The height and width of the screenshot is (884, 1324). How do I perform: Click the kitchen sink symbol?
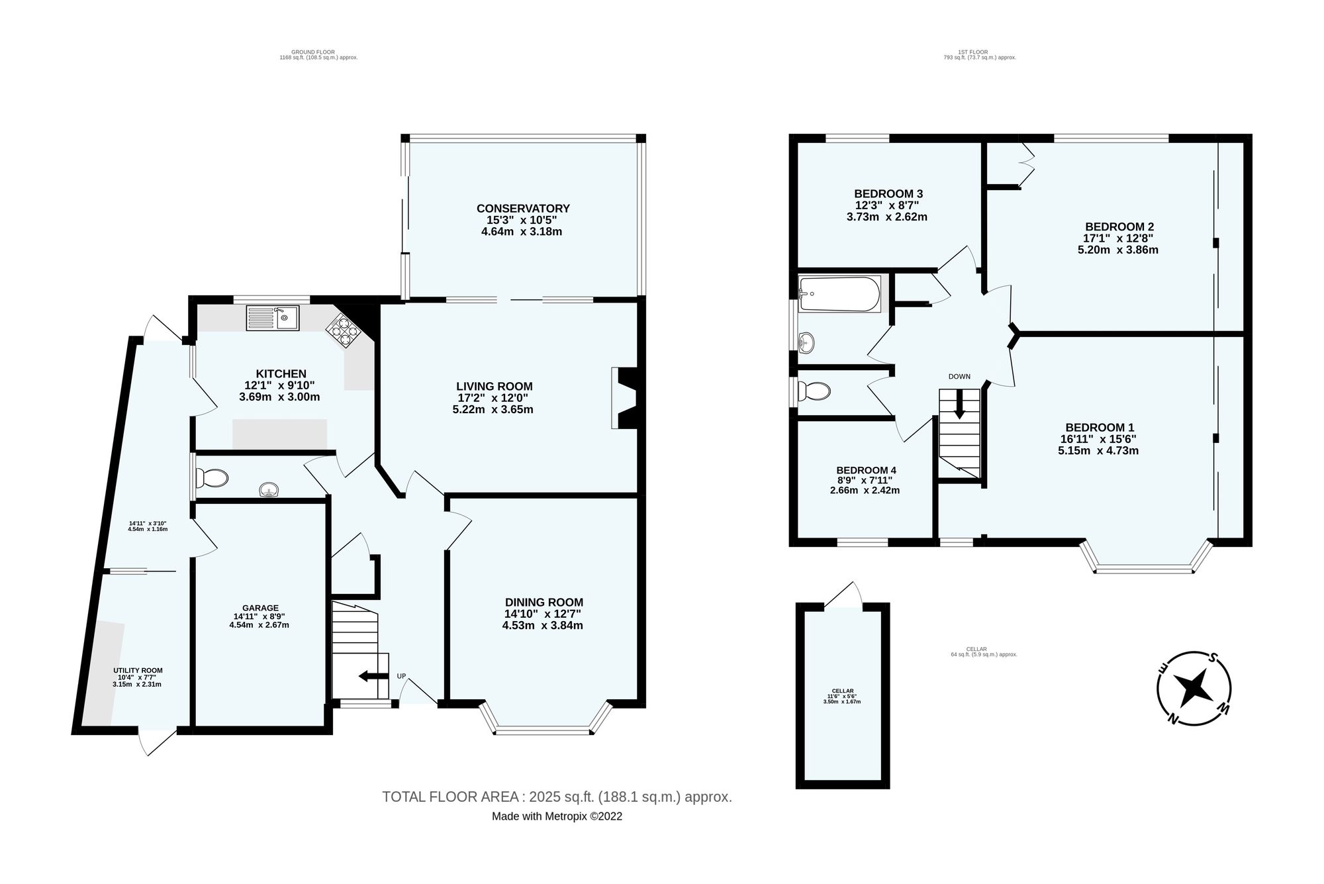pos(273,318)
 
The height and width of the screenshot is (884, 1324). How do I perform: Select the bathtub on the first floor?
pos(839,294)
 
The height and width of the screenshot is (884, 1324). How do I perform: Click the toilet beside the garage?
pos(213,477)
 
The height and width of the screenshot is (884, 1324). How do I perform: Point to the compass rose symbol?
pos(1195,688)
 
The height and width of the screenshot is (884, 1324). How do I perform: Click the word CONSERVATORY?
pos(523,209)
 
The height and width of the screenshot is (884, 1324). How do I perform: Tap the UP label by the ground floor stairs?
pos(401,676)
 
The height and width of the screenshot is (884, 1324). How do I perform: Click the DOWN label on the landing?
pos(959,376)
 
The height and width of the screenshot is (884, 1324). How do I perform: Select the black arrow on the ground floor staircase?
pos(373,676)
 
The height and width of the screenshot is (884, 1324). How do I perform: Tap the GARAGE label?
pos(260,608)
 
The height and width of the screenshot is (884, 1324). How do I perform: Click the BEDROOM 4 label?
pos(866,470)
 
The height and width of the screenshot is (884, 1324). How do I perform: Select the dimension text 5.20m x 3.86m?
pos(1117,250)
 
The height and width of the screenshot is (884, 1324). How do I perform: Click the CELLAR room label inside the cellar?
pos(842,691)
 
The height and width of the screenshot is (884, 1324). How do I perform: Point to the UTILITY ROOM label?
pos(138,670)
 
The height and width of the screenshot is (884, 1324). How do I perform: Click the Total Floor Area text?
pos(557,797)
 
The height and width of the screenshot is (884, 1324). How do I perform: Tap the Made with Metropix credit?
pos(557,816)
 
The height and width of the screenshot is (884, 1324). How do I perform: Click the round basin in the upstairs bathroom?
pos(806,342)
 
